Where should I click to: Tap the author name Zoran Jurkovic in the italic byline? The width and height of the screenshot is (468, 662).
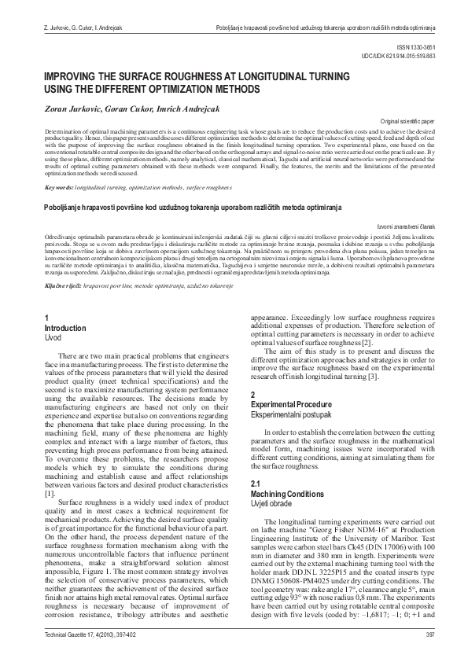[x=73, y=108]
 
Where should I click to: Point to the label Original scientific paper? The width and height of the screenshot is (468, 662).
[x=423, y=123]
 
